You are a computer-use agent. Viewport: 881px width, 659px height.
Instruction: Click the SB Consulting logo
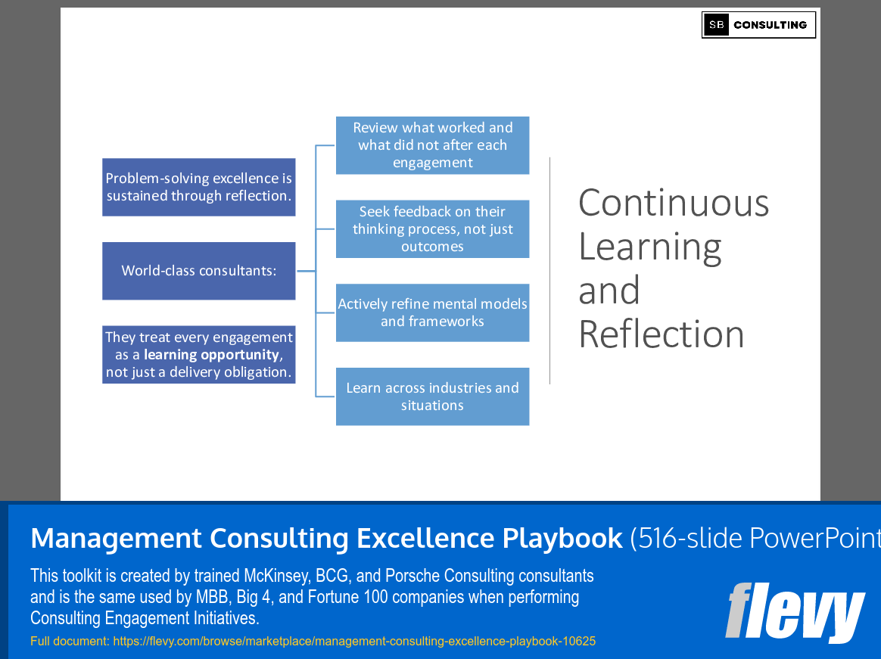coord(758,25)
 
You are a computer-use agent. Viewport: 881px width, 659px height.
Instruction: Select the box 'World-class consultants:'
coord(199,271)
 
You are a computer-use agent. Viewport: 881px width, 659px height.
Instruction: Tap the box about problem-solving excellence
coord(199,187)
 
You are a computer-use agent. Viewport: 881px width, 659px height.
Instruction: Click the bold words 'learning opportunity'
coord(211,355)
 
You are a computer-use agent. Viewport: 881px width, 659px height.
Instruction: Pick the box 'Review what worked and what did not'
coord(432,145)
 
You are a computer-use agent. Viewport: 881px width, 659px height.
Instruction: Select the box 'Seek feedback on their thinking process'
coord(432,229)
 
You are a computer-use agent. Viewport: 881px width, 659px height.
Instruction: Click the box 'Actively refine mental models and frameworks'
coord(432,312)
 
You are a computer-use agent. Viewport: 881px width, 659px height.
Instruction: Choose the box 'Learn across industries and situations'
coord(432,396)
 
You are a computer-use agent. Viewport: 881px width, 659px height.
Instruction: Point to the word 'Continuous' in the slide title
coord(673,203)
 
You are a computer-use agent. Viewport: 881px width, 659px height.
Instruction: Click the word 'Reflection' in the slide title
coord(661,334)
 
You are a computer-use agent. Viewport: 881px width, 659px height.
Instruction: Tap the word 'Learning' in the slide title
coord(649,247)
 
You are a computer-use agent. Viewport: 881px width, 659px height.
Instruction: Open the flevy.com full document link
coord(354,642)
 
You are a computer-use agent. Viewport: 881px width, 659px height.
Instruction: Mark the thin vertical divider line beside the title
coord(550,271)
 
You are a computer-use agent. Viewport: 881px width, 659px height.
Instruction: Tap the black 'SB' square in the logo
coord(716,25)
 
